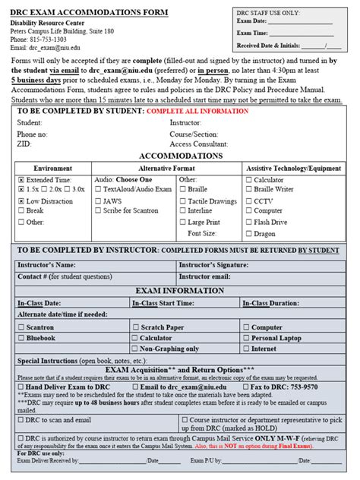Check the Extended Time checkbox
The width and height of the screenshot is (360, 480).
(x=21, y=179)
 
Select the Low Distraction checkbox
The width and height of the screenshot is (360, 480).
(x=21, y=201)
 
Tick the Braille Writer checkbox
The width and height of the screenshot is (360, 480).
(x=248, y=189)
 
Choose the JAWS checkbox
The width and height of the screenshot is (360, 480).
(x=98, y=201)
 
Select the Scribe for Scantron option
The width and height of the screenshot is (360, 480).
(x=98, y=211)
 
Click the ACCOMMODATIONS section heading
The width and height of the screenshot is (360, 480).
(x=181, y=155)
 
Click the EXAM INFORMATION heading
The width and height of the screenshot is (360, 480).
(x=180, y=290)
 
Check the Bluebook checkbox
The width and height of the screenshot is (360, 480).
(x=21, y=338)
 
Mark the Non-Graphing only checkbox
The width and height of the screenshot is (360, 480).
(x=134, y=349)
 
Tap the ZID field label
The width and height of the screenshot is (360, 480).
(x=24, y=144)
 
